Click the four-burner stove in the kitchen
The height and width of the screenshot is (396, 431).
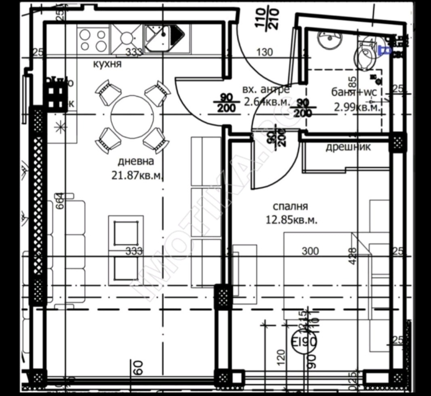[93, 40]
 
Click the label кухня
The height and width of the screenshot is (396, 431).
[107, 64]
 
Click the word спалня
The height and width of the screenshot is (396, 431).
[290, 206]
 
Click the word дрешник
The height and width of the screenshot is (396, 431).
[348, 147]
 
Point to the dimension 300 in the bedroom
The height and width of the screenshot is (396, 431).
[310, 251]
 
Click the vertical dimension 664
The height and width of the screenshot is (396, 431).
[59, 201]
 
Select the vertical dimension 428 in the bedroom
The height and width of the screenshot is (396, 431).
[352, 255]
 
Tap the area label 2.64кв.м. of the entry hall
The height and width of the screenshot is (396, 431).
[267, 101]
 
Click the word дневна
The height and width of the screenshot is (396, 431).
[136, 161]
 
